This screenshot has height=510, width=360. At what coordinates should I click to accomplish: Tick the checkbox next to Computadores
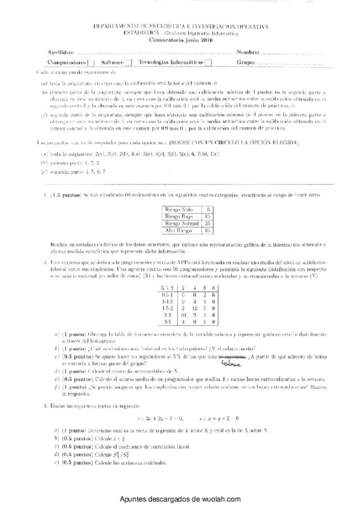pyautogui.click(x=90, y=63)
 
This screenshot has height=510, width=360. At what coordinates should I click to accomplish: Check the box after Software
pyautogui.click(x=128, y=63)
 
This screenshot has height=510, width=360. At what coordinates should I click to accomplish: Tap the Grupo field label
pyautogui.click(x=246, y=63)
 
